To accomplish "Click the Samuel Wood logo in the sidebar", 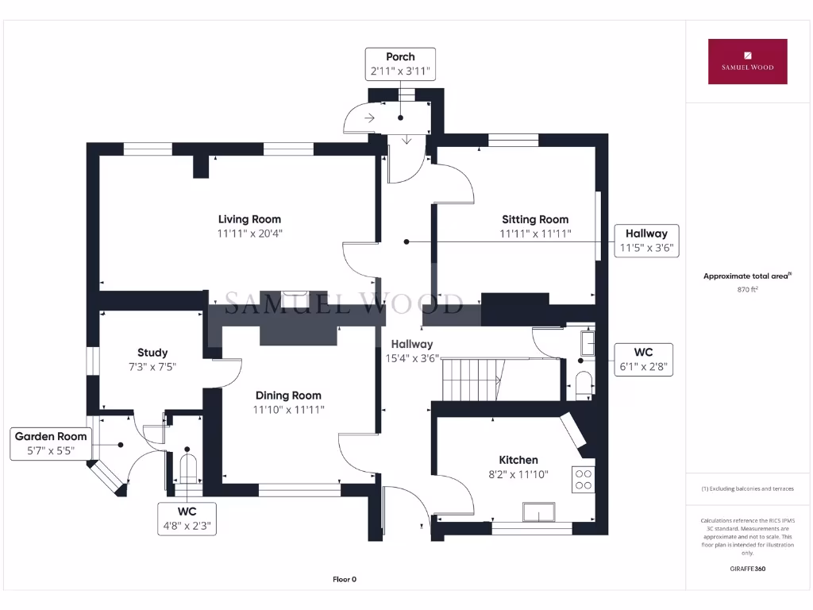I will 747,61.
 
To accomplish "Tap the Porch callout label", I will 400,64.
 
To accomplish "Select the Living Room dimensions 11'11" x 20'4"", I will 250,234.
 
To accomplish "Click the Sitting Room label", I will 534,219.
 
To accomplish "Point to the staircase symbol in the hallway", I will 472,379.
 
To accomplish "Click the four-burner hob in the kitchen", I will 584,479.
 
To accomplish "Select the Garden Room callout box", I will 51,443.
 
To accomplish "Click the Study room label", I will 152,353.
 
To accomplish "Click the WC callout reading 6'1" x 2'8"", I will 643,360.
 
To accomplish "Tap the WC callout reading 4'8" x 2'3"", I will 187,518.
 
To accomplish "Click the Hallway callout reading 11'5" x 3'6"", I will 646,241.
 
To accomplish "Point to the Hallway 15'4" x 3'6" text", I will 411,351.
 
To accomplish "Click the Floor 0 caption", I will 345,579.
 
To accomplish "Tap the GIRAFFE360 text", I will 748,569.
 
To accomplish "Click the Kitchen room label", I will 518,460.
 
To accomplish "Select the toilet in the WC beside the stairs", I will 583,385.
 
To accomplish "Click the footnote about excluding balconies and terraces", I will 747,488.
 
